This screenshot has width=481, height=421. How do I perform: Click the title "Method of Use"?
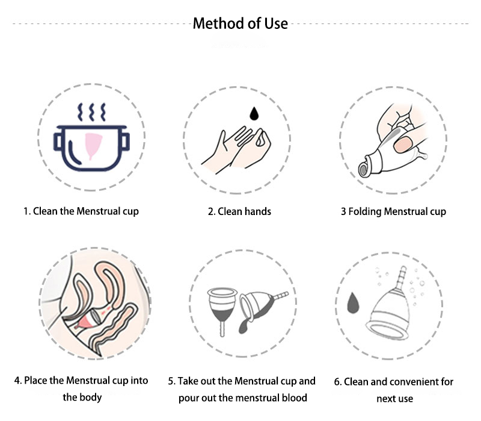click(x=240, y=23)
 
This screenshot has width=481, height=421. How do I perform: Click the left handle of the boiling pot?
click(x=58, y=142)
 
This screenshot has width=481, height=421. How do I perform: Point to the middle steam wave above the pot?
click(x=91, y=112)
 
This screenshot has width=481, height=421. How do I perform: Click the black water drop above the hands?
click(x=254, y=114)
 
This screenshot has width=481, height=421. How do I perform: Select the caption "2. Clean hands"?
click(x=239, y=211)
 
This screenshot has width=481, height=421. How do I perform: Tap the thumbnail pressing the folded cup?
click(x=402, y=145)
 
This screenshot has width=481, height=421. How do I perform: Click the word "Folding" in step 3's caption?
click(x=365, y=212)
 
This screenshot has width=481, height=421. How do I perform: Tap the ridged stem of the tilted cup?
click(x=280, y=296)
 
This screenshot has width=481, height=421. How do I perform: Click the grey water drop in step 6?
click(x=354, y=303)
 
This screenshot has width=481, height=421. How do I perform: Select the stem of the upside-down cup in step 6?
click(x=402, y=278)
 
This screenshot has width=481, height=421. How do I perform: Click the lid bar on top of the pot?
click(x=92, y=127)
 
